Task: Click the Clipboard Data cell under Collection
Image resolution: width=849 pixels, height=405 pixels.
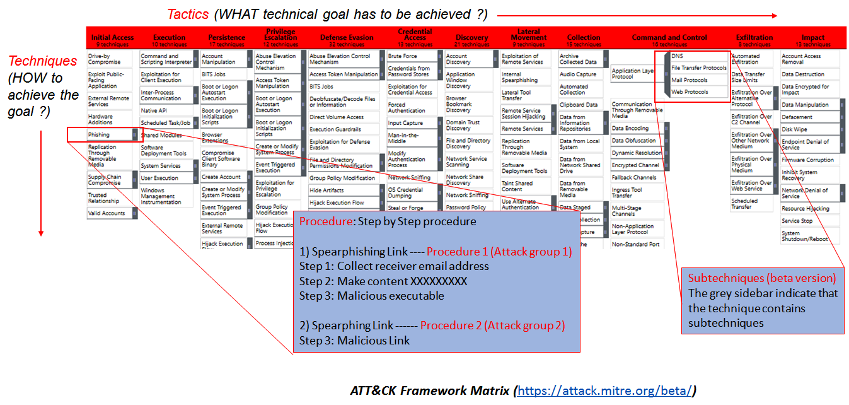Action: [x=579, y=105]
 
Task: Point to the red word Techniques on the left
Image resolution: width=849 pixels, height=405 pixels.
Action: [x=43, y=61]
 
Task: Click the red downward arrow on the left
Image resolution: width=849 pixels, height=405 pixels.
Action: [x=41, y=183]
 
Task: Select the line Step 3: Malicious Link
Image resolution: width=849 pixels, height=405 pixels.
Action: [x=354, y=341]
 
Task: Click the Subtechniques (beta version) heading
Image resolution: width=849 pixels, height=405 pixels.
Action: [x=761, y=278]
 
